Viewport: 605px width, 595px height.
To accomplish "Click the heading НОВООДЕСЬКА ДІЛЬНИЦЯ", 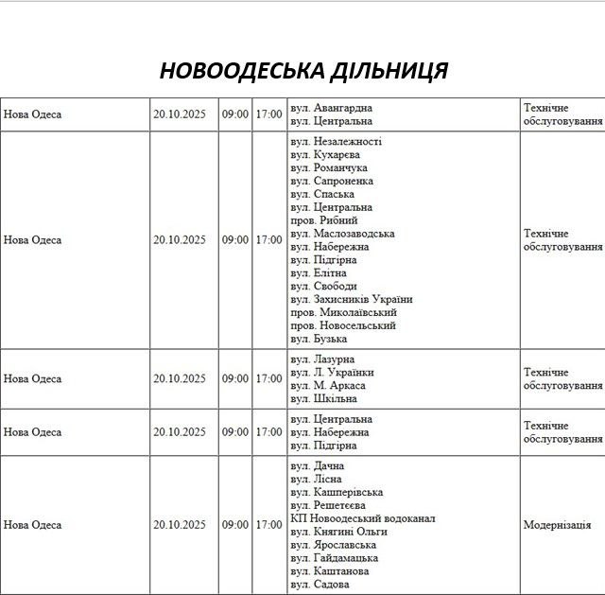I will (303, 71).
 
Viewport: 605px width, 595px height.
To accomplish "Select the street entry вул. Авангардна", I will (331, 108).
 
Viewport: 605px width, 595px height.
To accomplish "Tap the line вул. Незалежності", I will (336, 141).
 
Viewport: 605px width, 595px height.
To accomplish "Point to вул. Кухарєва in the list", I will (325, 154).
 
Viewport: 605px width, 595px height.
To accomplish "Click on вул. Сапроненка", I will (332, 181).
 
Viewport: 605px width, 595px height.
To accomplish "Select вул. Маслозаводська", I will (342, 234).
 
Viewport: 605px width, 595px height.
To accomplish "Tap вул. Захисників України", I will (352, 299).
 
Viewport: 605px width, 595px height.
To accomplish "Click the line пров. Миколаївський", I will (343, 312).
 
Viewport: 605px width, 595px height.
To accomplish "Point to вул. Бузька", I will (319, 339).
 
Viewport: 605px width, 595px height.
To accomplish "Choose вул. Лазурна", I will (322, 359).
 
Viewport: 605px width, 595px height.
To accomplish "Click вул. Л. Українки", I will (332, 373).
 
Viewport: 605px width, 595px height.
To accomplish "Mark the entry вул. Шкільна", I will (324, 399).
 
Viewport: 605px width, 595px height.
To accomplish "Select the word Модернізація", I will (557, 525).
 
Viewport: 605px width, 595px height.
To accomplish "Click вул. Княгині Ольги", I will (338, 532).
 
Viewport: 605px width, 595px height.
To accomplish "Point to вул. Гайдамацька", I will (336, 558).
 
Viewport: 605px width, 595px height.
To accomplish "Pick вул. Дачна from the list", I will (318, 465).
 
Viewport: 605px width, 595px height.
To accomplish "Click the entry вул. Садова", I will (320, 585).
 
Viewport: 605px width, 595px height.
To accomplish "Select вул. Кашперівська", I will (337, 492).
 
